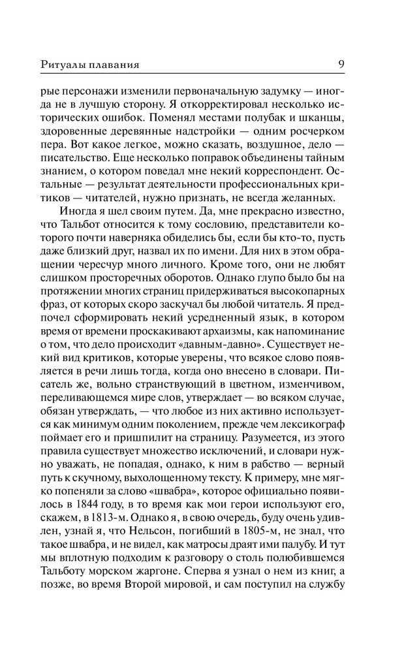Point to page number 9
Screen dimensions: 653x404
click(x=342, y=64)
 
